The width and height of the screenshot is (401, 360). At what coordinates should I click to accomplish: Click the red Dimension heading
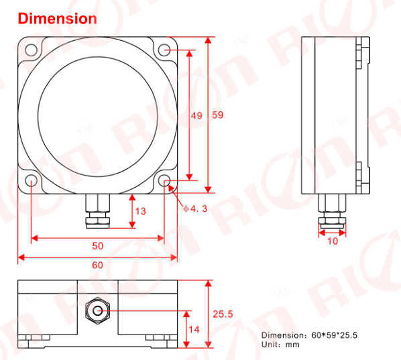coord(58,18)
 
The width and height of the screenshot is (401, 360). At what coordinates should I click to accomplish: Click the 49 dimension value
coord(196,115)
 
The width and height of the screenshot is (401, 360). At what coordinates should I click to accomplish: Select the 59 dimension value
coord(217,115)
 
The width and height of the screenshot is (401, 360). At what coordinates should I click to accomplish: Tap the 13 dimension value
coord(140,211)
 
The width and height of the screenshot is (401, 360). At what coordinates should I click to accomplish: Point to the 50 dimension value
coord(97,246)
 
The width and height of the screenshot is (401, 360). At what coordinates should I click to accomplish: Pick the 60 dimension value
coord(97,265)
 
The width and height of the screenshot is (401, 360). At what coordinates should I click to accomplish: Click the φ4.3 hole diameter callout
coord(195,208)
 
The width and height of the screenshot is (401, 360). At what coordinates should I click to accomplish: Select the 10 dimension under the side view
coord(333,241)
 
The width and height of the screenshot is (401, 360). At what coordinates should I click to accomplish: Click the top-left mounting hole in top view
coord(31,49)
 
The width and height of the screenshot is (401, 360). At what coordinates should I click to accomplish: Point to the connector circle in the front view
coord(99,310)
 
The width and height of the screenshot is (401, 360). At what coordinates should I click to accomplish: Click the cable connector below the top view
coord(98,212)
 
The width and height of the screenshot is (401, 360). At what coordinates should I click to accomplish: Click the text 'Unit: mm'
coord(280,345)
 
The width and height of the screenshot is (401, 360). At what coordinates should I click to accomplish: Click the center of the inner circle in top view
coord(98,115)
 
